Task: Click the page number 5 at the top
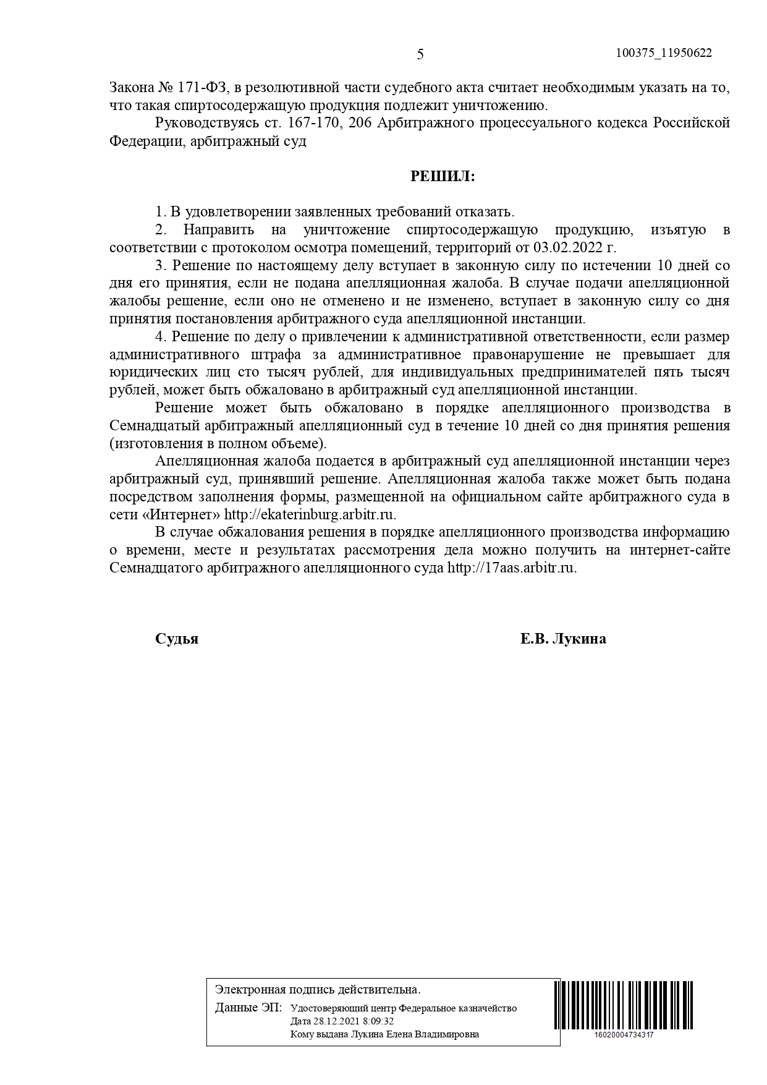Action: tap(420, 54)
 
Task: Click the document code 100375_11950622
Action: tap(664, 53)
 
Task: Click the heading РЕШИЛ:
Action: tap(443, 177)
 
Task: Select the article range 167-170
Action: tap(314, 123)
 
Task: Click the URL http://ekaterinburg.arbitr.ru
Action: tap(309, 514)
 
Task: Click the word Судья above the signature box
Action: tap(177, 639)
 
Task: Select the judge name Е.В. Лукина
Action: tap(562, 639)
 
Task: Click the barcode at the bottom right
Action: tap(624, 1005)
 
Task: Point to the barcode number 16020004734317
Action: tap(624, 1035)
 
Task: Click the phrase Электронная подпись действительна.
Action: tap(317, 990)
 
